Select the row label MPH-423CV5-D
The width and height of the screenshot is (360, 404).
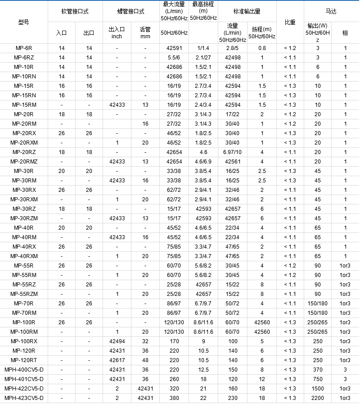(23, 398)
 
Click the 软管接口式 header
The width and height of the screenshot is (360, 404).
(75, 11)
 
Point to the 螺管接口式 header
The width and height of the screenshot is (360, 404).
(131, 11)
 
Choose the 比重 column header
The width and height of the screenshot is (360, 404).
(290, 22)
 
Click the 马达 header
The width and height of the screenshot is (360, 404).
(331, 11)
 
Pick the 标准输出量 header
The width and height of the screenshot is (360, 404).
(247, 11)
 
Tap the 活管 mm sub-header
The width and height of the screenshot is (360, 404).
(145, 32)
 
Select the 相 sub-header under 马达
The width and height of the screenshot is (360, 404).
(345, 32)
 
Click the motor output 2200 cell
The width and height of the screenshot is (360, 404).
(318, 398)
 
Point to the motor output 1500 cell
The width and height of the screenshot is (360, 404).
(318, 388)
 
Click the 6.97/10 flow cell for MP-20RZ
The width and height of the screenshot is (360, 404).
(232, 152)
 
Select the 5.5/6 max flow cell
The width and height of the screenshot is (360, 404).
(174, 57)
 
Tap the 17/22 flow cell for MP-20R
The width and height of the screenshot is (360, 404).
(232, 114)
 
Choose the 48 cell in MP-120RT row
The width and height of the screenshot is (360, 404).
(145, 360)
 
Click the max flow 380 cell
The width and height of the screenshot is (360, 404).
(174, 398)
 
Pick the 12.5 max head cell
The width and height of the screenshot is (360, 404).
(203, 369)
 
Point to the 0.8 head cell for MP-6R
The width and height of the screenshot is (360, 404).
(262, 48)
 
